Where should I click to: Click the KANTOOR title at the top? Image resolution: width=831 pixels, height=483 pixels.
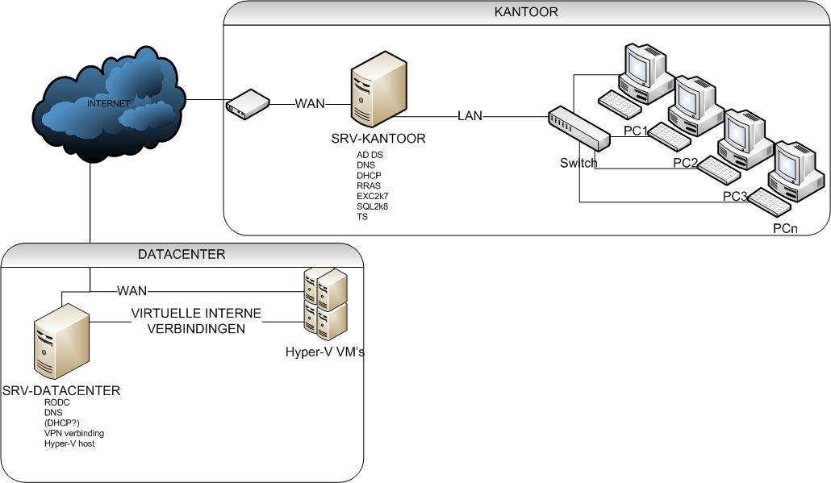[x=526, y=12]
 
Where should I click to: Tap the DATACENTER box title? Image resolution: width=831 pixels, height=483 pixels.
[x=182, y=254]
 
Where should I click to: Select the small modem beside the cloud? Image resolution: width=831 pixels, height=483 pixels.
[x=247, y=102]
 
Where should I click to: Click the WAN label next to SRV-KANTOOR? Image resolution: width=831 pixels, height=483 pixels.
[x=311, y=103]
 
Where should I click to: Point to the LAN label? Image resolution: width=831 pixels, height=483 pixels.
[x=470, y=116]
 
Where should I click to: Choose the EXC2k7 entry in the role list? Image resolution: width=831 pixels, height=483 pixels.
[x=372, y=196]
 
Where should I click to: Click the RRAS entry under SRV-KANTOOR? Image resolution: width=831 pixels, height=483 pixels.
[x=368, y=185]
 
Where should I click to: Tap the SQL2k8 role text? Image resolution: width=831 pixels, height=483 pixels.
[x=372, y=206]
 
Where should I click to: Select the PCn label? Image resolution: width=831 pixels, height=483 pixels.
[x=785, y=229]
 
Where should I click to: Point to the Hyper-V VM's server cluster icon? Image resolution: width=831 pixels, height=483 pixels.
[x=325, y=305]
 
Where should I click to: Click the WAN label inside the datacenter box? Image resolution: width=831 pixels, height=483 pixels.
[x=132, y=290]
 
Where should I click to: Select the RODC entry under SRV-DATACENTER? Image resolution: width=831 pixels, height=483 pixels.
[x=58, y=402]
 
